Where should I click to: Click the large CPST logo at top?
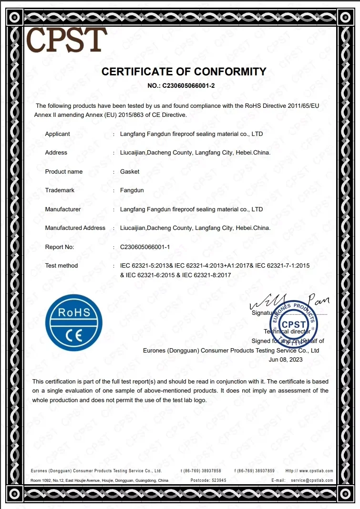point(67,39)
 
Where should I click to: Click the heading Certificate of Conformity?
point(184,72)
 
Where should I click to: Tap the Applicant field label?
point(57,134)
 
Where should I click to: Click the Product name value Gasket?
point(130,172)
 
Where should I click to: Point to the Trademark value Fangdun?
point(132,190)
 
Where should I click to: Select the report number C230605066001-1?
point(149,247)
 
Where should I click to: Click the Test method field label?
point(61,266)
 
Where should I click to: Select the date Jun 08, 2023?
point(286,359)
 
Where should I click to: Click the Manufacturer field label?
point(63,209)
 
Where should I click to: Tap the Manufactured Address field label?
point(75,228)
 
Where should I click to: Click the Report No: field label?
point(60,247)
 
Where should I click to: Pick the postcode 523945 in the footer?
point(216,480)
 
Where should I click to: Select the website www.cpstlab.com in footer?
point(316,471)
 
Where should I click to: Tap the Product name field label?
point(64,172)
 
